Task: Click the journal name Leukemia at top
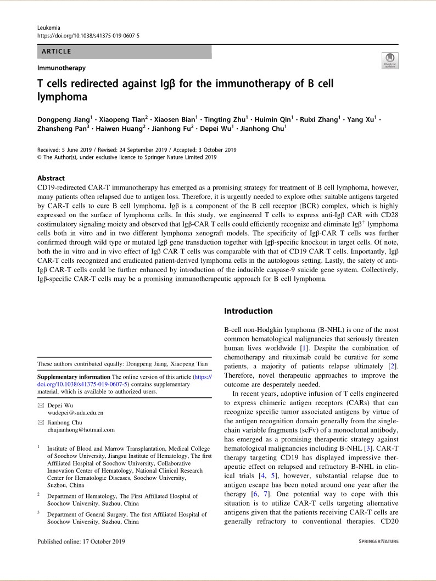(48, 27)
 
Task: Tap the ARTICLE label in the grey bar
(55, 52)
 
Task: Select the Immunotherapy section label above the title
(62, 68)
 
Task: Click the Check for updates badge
(389, 61)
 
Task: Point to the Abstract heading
(51, 178)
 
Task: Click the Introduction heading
(248, 311)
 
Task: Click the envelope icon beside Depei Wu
(40, 405)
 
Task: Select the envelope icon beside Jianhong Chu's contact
(40, 423)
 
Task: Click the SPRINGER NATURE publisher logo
(378, 541)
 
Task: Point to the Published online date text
(81, 541)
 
